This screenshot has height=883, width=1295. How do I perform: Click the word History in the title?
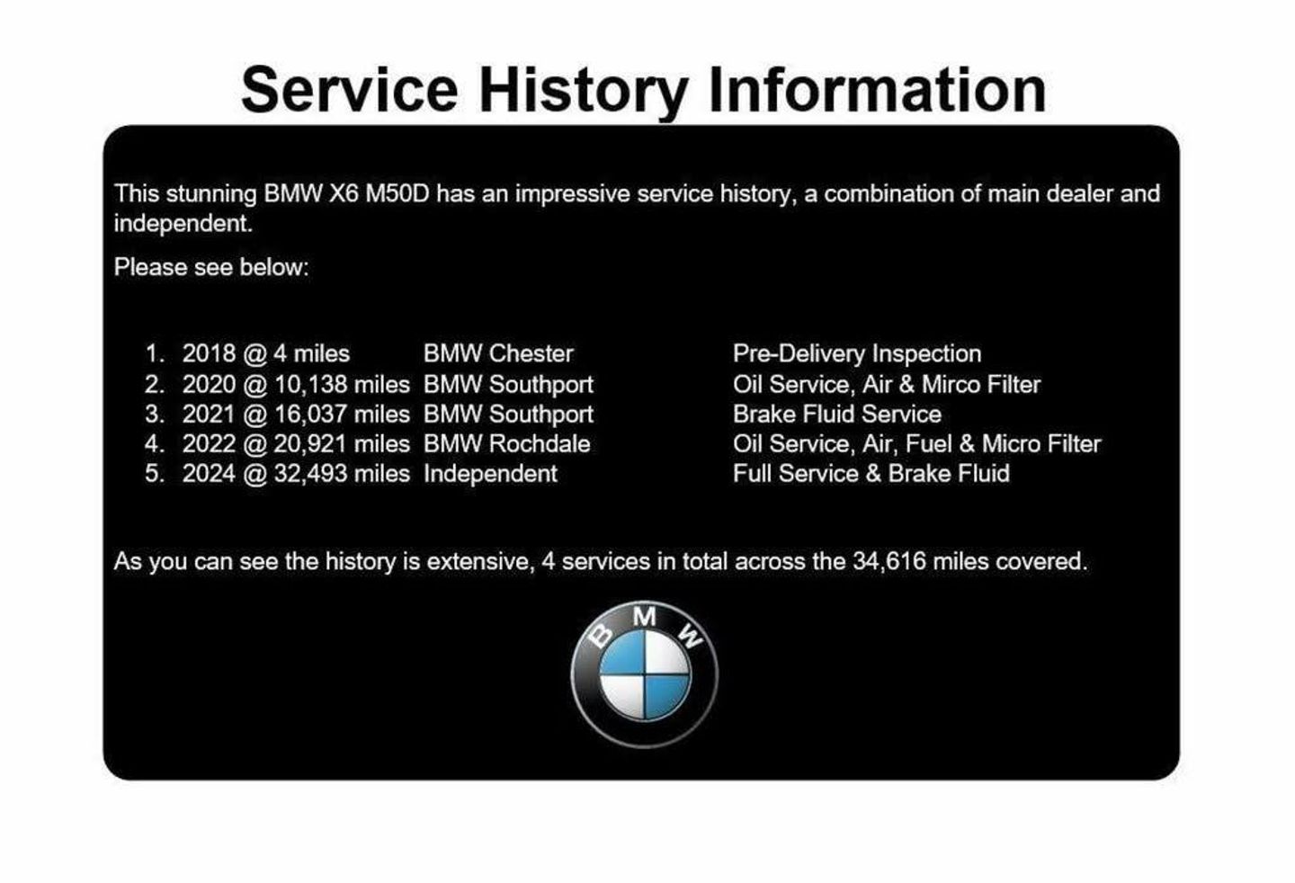click(584, 92)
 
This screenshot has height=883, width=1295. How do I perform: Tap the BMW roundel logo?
click(645, 674)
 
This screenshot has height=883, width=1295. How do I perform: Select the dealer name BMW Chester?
click(498, 353)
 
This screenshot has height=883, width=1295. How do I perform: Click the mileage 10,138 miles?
click(342, 384)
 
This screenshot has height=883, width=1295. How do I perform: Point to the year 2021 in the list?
click(209, 415)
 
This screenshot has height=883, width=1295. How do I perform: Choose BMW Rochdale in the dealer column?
click(507, 444)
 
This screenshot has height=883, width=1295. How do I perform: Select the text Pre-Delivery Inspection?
click(857, 353)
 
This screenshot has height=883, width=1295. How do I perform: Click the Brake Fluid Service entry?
click(837, 415)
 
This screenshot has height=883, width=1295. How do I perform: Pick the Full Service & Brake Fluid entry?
click(871, 474)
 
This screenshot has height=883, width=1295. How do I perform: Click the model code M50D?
click(397, 194)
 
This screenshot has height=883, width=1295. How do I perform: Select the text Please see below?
click(211, 268)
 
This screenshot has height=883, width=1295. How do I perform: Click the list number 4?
click(153, 444)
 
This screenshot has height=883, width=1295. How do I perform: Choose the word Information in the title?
click(878, 92)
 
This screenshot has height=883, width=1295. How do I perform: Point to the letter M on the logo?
click(644, 617)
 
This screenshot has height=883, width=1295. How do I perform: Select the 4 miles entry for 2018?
click(311, 353)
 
